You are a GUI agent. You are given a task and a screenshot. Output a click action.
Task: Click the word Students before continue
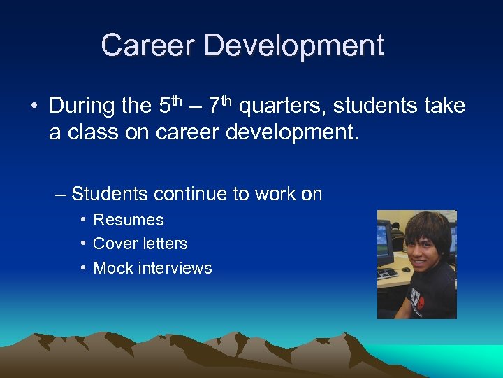point(110,193)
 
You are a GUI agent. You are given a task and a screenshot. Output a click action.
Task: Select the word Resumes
point(129,220)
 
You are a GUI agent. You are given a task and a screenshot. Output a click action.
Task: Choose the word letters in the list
point(164,244)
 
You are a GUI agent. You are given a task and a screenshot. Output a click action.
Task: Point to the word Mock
point(112,268)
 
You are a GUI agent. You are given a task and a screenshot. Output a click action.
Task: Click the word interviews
point(176,268)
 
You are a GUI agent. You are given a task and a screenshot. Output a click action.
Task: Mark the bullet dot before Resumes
point(83,220)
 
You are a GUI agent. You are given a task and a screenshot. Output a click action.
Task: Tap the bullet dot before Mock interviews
point(83,268)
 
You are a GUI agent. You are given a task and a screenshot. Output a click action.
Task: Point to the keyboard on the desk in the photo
point(388,273)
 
